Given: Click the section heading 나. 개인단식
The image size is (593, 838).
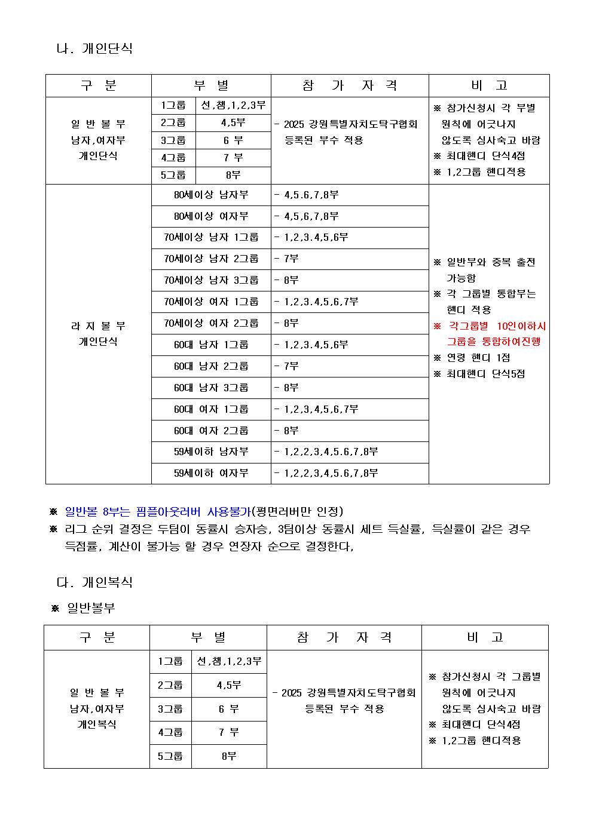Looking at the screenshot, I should (94, 48).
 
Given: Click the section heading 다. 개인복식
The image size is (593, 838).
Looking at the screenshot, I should (94, 582).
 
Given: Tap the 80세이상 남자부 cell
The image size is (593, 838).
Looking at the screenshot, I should (211, 195).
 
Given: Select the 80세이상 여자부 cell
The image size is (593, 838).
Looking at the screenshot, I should (211, 216).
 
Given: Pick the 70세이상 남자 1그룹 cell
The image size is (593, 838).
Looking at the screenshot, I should (211, 238).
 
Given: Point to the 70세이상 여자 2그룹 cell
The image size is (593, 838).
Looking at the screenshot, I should (211, 323).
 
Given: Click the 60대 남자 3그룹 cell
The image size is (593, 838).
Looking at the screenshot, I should (211, 388).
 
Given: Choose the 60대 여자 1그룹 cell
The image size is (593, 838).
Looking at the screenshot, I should (211, 409).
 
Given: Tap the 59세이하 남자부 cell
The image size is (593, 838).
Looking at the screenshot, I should (211, 452).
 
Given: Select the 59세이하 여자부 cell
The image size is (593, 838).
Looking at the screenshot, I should (211, 474).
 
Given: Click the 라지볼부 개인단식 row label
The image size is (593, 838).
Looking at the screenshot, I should (98, 334).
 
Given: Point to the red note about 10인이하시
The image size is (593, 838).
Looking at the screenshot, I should (490, 334).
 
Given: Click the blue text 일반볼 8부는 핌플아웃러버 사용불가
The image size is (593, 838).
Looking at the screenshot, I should (157, 512).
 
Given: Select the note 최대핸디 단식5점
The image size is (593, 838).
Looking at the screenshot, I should (485, 374).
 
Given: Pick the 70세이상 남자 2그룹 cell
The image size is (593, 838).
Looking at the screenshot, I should (211, 259).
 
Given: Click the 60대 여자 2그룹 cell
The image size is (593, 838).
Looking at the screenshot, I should (211, 431).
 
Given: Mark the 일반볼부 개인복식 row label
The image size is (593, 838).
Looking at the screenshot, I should (97, 708).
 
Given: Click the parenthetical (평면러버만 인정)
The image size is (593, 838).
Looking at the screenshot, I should (298, 512).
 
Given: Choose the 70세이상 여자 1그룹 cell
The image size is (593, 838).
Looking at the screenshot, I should (211, 302).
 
